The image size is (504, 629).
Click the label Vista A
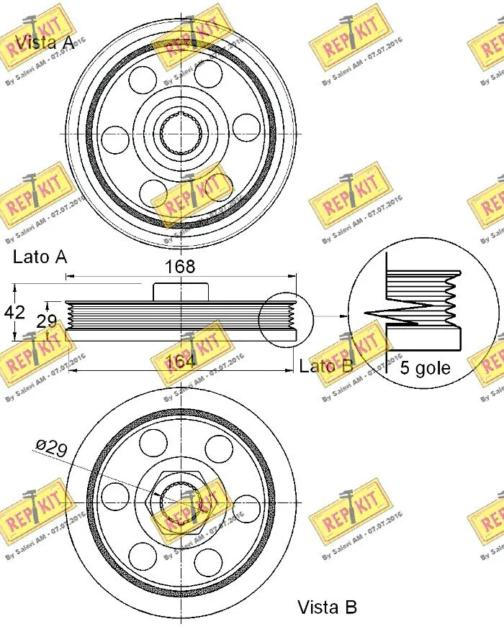45,42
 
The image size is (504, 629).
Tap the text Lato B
325,367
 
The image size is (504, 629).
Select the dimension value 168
180,267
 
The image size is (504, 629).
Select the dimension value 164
180,362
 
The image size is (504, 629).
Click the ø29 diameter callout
51,449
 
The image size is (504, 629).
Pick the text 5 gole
425,368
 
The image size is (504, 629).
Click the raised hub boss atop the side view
181,291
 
